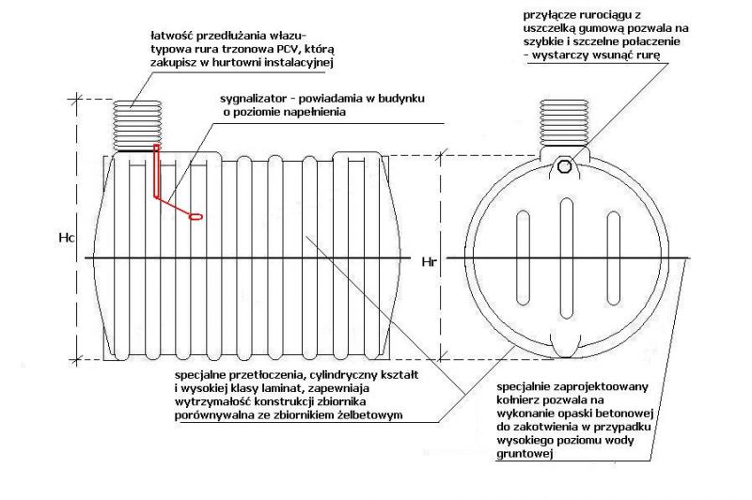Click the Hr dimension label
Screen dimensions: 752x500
(429, 261)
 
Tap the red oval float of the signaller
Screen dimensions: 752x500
(196, 217)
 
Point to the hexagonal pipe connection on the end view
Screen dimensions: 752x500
(565, 165)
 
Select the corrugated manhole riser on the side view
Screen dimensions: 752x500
(137, 126)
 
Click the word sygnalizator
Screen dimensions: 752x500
(252, 100)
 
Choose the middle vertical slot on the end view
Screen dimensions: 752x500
(566, 256)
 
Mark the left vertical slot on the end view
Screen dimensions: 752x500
(523, 258)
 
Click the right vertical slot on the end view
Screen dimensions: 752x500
(614, 258)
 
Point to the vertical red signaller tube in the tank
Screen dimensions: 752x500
(156, 171)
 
